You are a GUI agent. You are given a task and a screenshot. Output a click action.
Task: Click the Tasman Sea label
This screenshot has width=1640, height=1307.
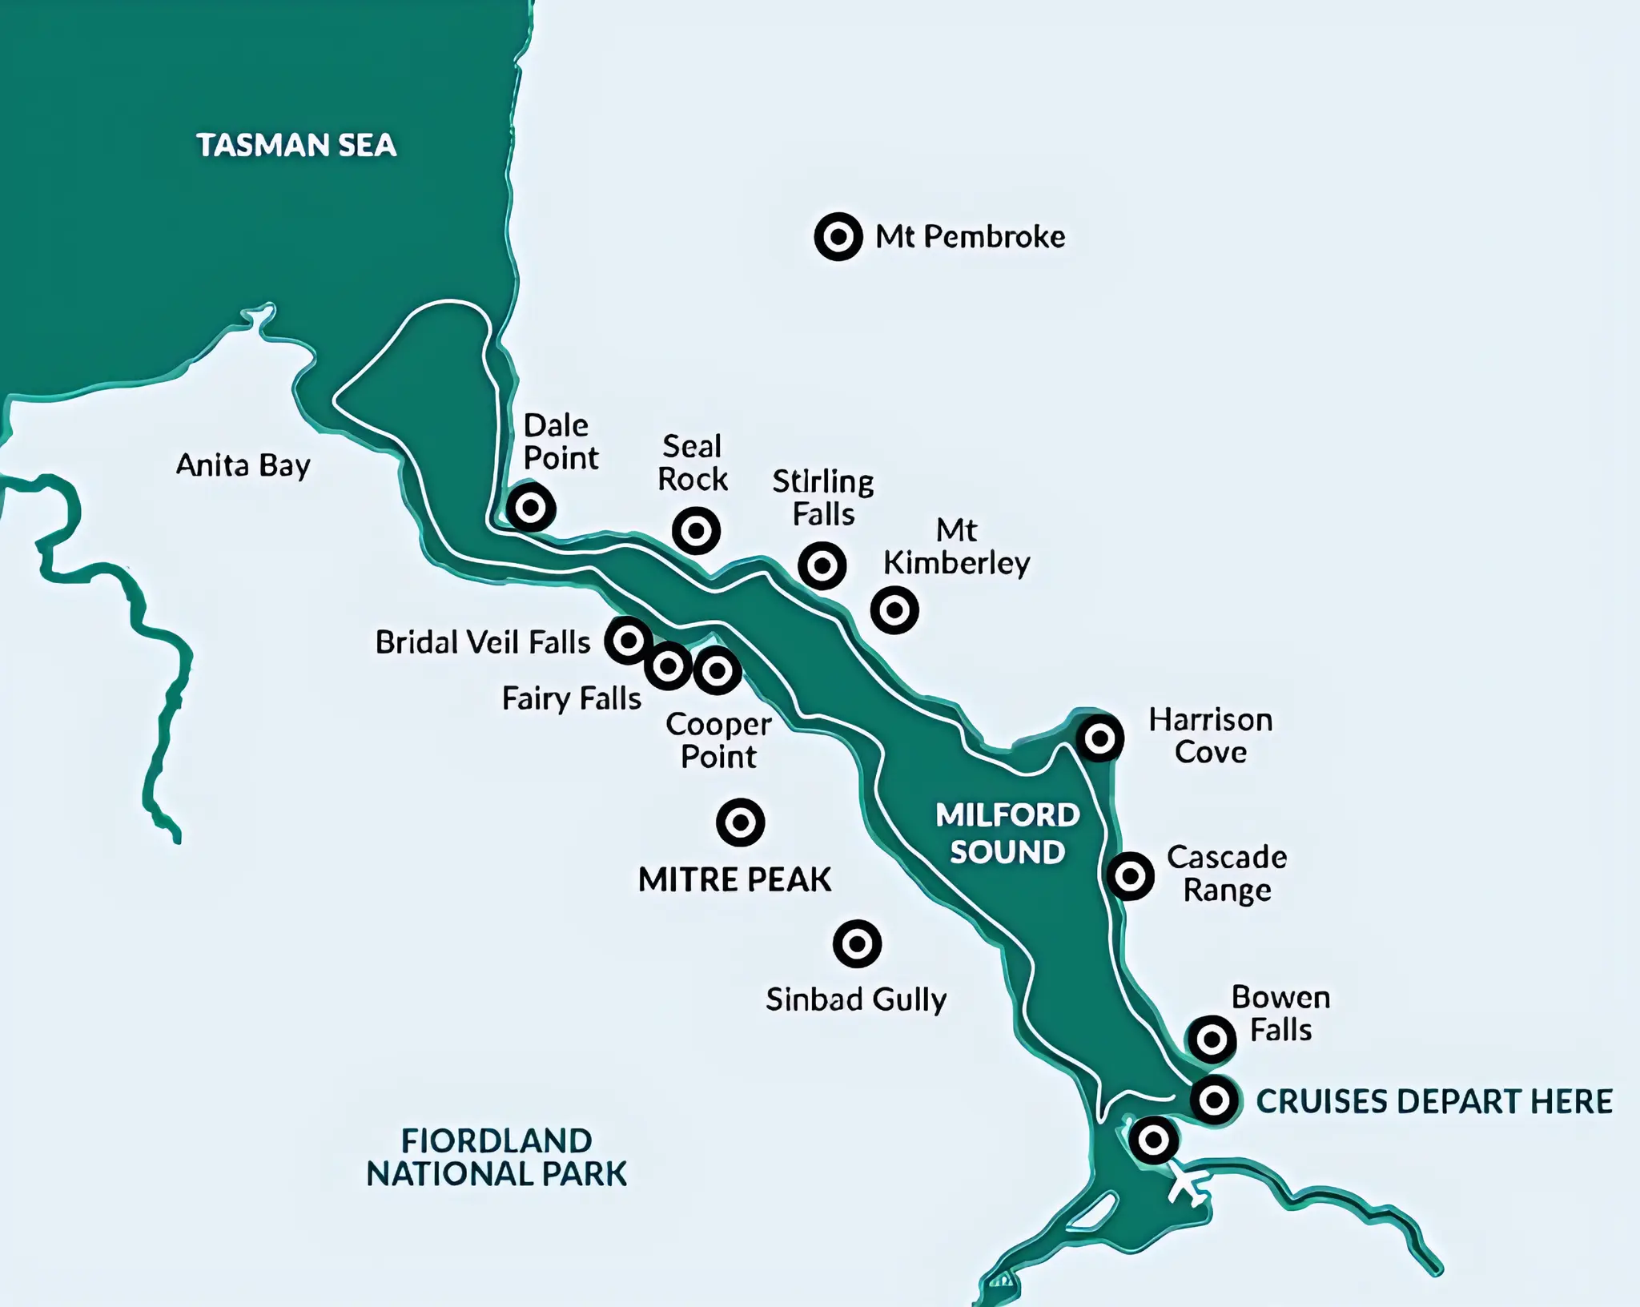coord(296,145)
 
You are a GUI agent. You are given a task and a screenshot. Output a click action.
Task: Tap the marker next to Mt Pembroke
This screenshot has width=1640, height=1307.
coord(838,237)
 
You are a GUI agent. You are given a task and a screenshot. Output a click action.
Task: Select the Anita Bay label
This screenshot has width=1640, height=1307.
coord(243,465)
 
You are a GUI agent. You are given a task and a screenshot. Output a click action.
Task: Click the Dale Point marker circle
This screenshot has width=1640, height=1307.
coord(530,508)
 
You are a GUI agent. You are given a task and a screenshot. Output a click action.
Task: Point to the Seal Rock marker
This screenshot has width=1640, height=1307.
coord(696,530)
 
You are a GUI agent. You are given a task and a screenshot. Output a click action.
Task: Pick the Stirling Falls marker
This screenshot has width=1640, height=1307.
coord(822,565)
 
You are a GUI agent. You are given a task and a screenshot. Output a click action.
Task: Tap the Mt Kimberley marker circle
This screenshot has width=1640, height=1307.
coord(894,610)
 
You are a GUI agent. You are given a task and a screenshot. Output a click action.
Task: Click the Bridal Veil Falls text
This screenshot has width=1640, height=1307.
coord(482,642)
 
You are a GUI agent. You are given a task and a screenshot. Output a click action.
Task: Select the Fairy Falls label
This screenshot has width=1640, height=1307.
coord(571,698)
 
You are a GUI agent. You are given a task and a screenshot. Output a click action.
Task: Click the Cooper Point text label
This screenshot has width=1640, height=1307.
coord(718,740)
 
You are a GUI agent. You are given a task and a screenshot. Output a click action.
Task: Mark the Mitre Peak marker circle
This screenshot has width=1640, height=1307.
coord(741,822)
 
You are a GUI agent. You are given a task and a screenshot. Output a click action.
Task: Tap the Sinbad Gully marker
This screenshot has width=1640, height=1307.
coord(857,943)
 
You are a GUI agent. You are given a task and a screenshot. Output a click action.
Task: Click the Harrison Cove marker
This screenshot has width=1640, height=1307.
coord(1099,738)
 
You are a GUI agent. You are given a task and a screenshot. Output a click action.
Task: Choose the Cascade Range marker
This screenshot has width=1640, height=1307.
coord(1130,875)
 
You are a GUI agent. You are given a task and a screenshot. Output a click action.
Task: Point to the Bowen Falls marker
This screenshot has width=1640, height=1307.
coord(1212,1040)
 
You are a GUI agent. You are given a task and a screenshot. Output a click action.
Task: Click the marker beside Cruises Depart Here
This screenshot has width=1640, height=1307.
coord(1215,1100)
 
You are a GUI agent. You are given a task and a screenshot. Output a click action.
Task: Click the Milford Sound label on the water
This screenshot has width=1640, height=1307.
coord(1007,834)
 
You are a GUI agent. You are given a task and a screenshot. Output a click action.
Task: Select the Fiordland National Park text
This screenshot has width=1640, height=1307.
coord(496,1157)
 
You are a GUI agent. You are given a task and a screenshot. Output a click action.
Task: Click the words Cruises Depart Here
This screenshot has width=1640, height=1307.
coord(1433,1101)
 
